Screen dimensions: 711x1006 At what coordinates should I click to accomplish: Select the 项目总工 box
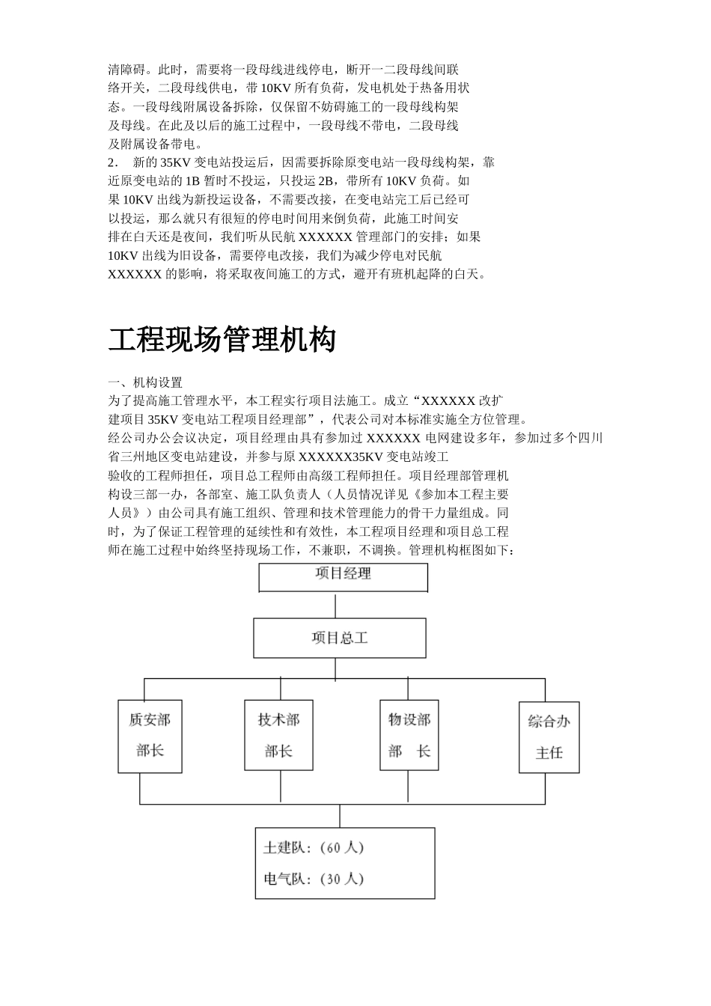click(x=340, y=638)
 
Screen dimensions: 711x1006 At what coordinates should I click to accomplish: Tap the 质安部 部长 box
click(x=150, y=736)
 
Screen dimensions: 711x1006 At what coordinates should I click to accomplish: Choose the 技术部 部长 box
click(x=278, y=736)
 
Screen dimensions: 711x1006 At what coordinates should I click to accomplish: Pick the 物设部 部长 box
click(x=409, y=736)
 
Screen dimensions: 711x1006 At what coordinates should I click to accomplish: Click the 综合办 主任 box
click(x=549, y=737)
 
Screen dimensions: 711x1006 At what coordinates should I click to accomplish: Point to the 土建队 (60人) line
click(x=314, y=848)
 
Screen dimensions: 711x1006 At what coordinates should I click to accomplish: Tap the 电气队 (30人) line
click(x=314, y=879)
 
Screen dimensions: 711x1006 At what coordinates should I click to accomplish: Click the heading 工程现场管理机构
click(x=222, y=340)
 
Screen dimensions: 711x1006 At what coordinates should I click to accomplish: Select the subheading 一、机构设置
click(x=145, y=382)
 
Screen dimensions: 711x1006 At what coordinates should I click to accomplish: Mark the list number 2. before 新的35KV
click(x=114, y=162)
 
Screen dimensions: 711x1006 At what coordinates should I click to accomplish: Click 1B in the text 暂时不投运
click(x=193, y=181)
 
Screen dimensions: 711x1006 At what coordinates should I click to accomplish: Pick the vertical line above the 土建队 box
click(x=341, y=816)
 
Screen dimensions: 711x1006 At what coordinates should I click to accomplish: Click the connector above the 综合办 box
click(x=545, y=689)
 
